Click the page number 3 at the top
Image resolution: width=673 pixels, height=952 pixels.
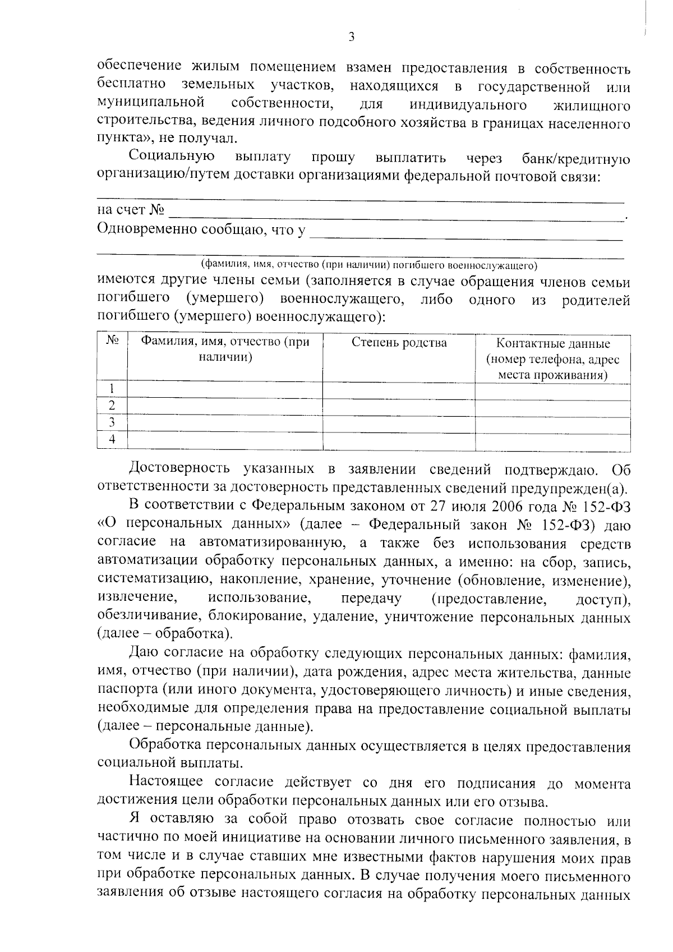point(351,37)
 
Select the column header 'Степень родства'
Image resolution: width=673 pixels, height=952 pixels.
point(399,343)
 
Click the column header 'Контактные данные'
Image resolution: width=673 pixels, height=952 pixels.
point(553,343)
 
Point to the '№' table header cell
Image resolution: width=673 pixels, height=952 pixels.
point(112,341)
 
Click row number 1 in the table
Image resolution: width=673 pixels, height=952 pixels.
point(112,389)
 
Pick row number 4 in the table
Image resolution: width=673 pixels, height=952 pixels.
point(112,439)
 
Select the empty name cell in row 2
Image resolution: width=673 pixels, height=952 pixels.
point(225,406)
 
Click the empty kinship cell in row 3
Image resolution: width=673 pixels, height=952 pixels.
point(399,422)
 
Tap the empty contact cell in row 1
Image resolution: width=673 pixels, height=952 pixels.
point(553,389)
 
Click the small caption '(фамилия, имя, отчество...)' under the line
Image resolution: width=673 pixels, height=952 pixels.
point(369,264)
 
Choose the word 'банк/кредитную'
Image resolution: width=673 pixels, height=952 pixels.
point(575,159)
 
